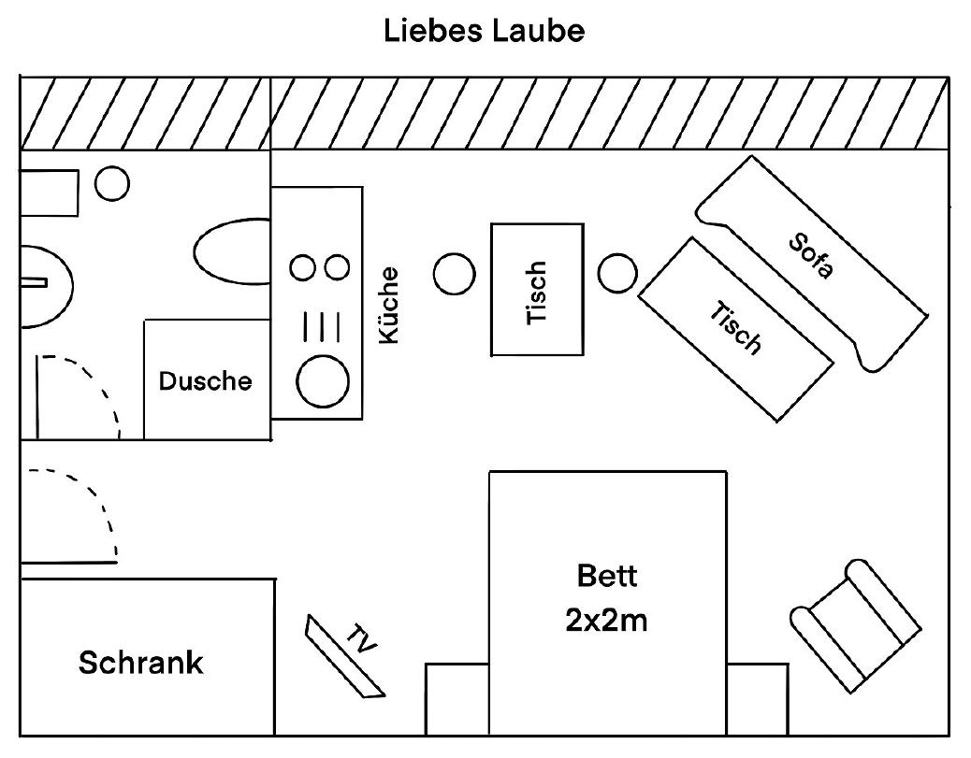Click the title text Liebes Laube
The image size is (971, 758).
pyautogui.click(x=485, y=30)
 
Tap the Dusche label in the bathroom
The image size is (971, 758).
pyautogui.click(x=206, y=381)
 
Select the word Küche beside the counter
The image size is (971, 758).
pyautogui.click(x=389, y=305)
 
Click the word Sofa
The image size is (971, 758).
pyautogui.click(x=811, y=255)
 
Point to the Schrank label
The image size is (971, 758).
pyautogui.click(x=140, y=662)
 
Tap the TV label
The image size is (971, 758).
pyautogui.click(x=361, y=638)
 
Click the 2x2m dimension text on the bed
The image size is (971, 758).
pyautogui.click(x=606, y=620)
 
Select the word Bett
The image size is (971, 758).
pyautogui.click(x=607, y=576)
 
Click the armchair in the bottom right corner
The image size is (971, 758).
pyautogui.click(x=856, y=625)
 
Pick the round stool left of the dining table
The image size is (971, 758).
pyautogui.click(x=455, y=274)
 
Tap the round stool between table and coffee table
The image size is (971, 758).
pyautogui.click(x=617, y=273)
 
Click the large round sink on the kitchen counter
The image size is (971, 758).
pyautogui.click(x=323, y=381)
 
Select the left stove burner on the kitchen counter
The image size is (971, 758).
pyautogui.click(x=303, y=268)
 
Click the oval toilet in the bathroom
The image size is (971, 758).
pyautogui.click(x=232, y=251)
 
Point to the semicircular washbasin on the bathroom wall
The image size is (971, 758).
pyautogui.click(x=47, y=287)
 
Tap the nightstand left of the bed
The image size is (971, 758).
pyautogui.click(x=457, y=699)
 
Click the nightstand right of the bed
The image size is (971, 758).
pyautogui.click(x=758, y=699)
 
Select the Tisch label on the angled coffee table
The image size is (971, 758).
pyautogui.click(x=735, y=328)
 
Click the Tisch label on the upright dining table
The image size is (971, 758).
pyautogui.click(x=536, y=293)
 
